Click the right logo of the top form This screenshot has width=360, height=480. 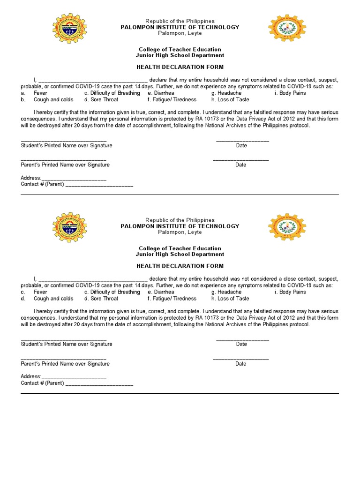286,28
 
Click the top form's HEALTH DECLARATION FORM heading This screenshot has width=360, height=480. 180,67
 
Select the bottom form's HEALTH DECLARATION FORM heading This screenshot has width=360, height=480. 180,266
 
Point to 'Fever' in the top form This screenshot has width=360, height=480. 40,93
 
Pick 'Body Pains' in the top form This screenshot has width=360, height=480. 292,93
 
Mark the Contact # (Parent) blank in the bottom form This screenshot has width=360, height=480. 99,384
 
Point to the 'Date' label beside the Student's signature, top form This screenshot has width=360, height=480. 241,146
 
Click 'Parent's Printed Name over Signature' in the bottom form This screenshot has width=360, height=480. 65,364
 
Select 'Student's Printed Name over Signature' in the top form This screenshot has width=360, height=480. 67,146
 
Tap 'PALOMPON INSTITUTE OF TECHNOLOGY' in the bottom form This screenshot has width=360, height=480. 180,226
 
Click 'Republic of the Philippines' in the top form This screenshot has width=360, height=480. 180,21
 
